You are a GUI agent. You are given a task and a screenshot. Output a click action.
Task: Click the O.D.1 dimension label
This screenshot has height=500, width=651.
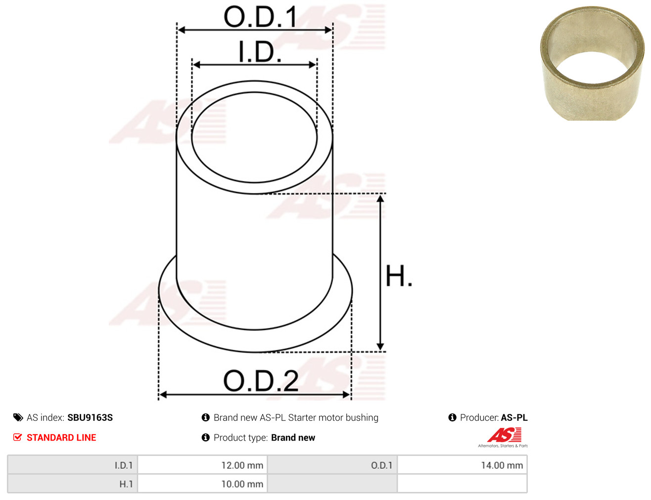coord(260,17)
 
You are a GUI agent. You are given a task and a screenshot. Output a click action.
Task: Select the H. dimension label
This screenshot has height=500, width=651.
coord(398,276)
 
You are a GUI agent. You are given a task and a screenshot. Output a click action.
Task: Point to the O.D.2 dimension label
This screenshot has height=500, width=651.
coord(261,381)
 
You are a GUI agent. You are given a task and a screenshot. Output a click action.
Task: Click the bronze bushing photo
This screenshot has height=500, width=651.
coord(592,63)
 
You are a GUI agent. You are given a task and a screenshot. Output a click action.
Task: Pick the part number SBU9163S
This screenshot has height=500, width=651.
coord(90,417)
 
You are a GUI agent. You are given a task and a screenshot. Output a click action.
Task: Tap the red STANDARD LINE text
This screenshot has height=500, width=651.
coord(61,437)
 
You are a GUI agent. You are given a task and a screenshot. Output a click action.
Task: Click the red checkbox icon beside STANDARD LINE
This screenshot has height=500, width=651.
coord(18,437)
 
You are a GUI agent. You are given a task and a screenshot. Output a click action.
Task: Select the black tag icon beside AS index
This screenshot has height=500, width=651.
coord(18,417)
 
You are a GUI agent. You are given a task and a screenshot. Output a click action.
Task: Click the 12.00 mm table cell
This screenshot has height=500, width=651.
coord(202,465)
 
